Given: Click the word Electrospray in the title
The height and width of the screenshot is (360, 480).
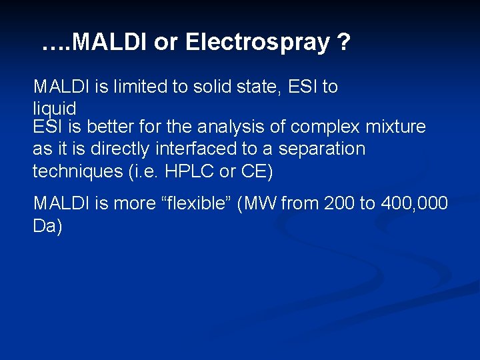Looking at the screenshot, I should (257, 43).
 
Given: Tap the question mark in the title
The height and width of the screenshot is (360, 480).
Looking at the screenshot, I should (343, 43).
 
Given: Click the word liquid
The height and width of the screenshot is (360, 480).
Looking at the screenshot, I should (54, 108).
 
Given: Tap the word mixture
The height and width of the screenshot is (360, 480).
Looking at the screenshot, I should (393, 127).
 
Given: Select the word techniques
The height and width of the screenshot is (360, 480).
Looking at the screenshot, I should (76, 171).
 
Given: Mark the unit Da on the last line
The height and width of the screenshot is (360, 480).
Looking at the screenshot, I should (47, 227).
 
